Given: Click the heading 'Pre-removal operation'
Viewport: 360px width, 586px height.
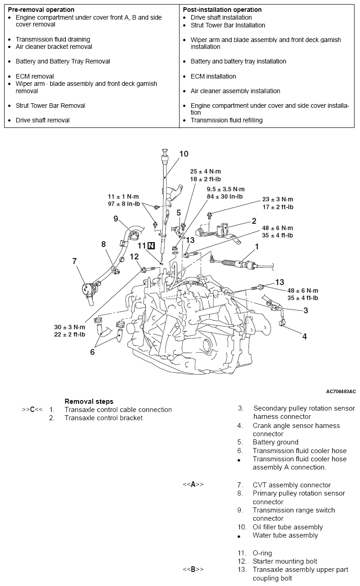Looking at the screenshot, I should click(41, 10).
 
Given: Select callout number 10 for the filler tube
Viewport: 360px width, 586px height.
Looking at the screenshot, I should click(184, 154).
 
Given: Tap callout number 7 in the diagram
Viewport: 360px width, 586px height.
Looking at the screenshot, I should click(74, 261).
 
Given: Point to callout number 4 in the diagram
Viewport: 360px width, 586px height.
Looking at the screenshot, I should click(304, 336).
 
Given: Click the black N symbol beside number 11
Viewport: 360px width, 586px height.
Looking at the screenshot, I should click(150, 246).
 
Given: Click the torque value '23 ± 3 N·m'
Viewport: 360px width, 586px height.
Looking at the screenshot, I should click(277, 200).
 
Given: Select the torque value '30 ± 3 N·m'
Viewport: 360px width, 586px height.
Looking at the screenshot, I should click(70, 327).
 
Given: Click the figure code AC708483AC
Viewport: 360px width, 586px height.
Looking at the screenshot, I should click(341, 391).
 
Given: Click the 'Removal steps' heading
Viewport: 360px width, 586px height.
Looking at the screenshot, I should click(89, 401).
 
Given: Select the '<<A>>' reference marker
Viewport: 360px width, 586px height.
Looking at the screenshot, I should click(193, 485).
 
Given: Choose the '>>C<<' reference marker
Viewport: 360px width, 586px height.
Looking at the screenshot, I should click(32, 410).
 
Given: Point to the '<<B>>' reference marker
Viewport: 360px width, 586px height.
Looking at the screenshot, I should click(193, 570).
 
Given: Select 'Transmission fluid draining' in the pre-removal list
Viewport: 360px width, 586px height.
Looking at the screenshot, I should click(53, 40).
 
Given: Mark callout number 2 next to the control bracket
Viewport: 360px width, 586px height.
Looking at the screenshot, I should click(254, 222).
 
